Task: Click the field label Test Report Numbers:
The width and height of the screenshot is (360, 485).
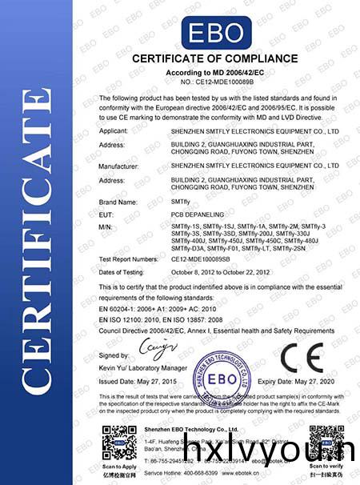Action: pos(128,259)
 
